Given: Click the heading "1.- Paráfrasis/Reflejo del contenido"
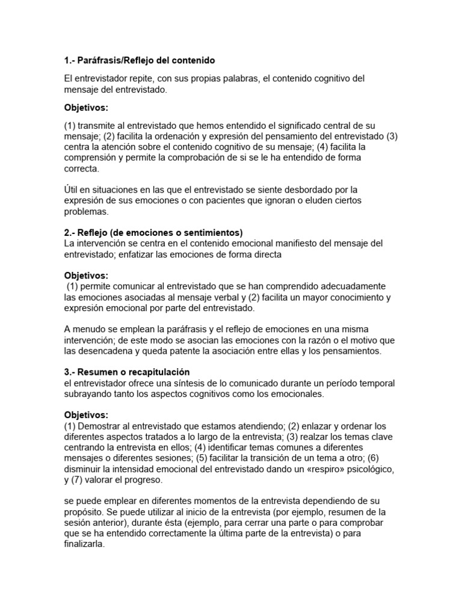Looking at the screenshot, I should [139, 61].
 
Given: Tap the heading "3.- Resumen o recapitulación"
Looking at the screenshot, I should [127, 372].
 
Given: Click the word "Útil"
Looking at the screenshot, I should [73, 189].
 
